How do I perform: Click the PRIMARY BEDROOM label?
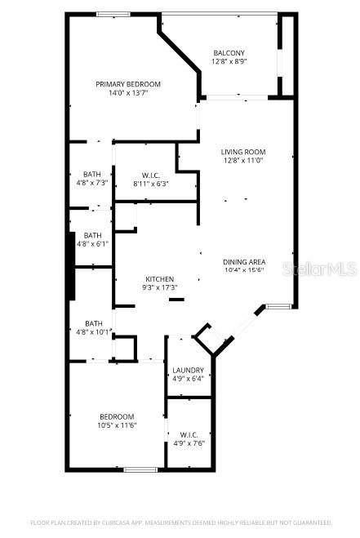pyautogui.click(x=127, y=84)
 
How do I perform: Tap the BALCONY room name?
pyautogui.click(x=229, y=53)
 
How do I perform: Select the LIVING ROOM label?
pyautogui.click(x=242, y=152)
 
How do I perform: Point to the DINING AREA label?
pyautogui.click(x=242, y=262)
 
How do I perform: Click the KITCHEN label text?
pyautogui.click(x=160, y=279)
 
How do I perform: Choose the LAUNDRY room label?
pyautogui.click(x=188, y=370)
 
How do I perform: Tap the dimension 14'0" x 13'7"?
pyautogui.click(x=127, y=93)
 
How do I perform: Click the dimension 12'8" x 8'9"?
pyautogui.click(x=229, y=62)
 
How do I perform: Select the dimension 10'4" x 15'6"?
pyautogui.click(x=242, y=271)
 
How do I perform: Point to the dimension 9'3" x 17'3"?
pyautogui.click(x=160, y=288)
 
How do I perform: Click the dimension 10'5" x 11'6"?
pyautogui.click(x=116, y=425)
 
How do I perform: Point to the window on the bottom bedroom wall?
pyautogui.click(x=140, y=469)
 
